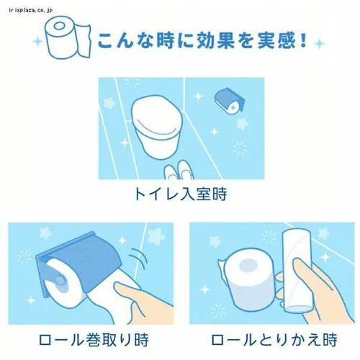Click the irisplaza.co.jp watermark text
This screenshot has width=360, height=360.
31,10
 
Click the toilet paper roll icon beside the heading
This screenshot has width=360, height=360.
68,37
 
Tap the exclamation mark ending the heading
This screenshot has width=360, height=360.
304,40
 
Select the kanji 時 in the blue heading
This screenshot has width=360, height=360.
165,40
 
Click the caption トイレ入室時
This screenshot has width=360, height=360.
181,194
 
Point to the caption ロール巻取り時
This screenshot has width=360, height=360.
94,340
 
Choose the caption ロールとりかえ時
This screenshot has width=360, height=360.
274,340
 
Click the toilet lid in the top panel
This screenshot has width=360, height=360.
156,114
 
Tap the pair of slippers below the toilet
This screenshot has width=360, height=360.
179,170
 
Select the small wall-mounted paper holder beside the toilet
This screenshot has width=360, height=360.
229,100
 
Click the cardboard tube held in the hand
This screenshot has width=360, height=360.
296,271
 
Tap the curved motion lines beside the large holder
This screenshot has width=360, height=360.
139,258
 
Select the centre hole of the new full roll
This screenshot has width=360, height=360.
248,266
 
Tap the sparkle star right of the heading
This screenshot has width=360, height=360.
320,44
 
